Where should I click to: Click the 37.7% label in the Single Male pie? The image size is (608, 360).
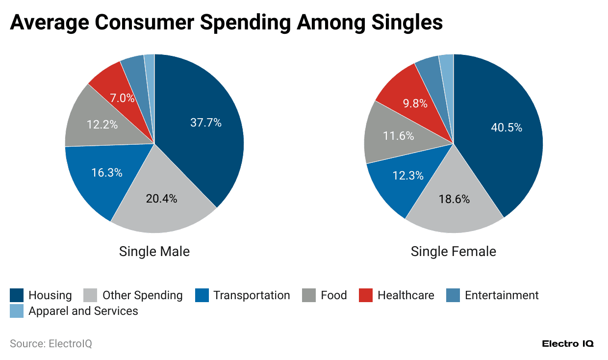tap(205, 123)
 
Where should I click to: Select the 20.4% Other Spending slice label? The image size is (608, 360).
tap(161, 199)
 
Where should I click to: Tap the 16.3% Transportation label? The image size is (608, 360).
tap(106, 173)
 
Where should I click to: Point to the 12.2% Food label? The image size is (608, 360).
tap(102, 125)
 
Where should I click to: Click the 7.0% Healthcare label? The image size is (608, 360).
tap(122, 98)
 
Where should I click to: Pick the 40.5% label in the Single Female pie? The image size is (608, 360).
tap(506, 128)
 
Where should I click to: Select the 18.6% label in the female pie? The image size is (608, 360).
tap(454, 199)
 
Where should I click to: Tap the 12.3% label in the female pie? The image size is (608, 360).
tap(407, 175)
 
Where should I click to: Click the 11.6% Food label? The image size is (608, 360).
tap(398, 135)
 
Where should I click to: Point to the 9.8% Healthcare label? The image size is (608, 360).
tap(415, 103)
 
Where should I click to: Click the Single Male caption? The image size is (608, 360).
tap(154, 252)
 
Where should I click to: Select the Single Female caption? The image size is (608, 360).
tap(453, 252)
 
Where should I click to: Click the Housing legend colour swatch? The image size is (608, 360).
tap(17, 295)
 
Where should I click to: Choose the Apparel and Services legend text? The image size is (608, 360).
tap(83, 311)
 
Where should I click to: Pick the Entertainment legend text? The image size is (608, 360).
tap(501, 295)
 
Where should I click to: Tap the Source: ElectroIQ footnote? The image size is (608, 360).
tap(51, 344)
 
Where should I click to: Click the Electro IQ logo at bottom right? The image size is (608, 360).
tap(567, 344)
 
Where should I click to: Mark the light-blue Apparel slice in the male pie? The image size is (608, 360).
tap(150, 64)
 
